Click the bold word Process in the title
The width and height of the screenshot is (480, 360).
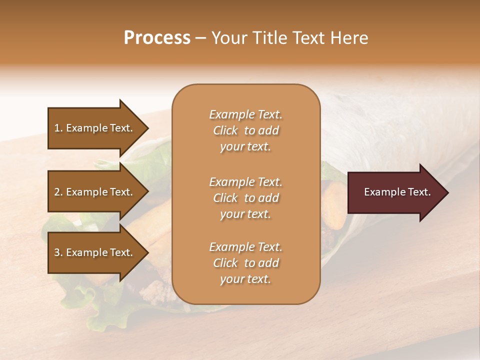click(x=157, y=37)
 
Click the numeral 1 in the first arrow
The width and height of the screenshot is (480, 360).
click(x=57, y=128)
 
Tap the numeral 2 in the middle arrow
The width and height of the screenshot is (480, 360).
click(x=57, y=192)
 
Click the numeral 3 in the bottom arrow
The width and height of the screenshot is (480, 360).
click(x=57, y=252)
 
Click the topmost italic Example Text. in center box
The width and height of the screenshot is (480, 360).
click(x=245, y=114)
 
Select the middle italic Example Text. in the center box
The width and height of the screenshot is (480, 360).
click(x=245, y=181)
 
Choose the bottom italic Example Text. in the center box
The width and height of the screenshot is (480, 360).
click(x=245, y=247)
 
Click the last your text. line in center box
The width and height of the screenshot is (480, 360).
click(x=245, y=279)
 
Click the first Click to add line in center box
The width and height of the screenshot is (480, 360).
click(x=245, y=130)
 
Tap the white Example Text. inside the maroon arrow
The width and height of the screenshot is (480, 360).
click(x=397, y=192)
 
